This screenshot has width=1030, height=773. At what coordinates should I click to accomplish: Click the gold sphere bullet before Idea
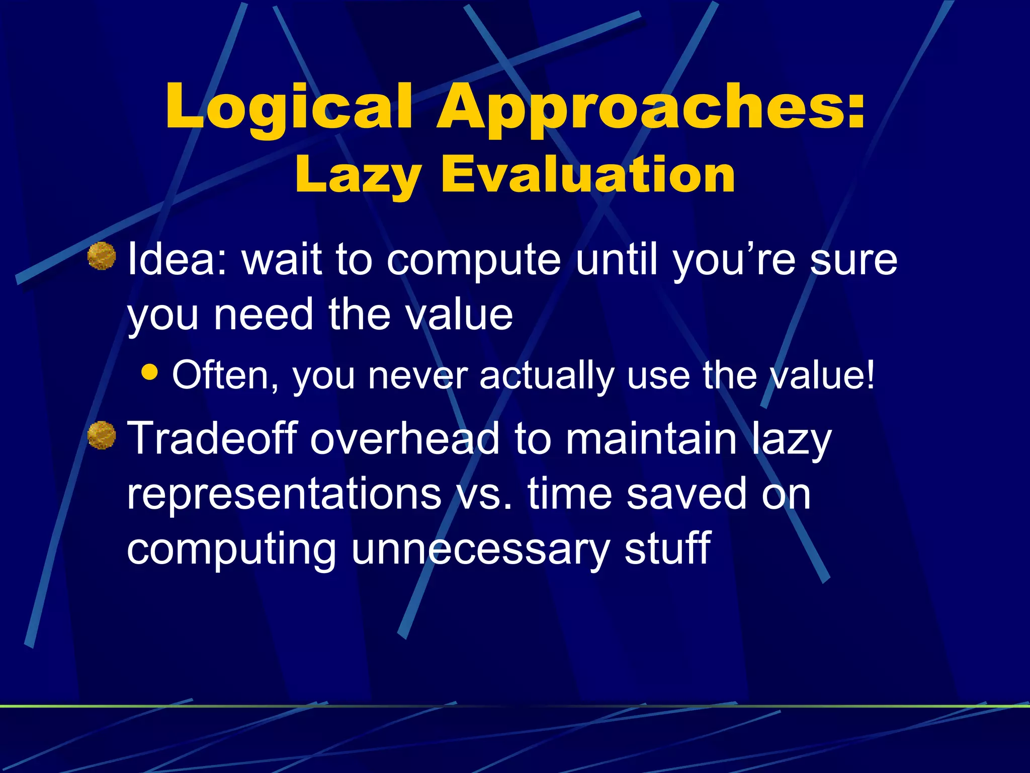coord(102,256)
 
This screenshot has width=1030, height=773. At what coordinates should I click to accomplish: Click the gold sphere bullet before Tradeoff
coord(102,435)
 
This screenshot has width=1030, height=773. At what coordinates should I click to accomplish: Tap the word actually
coord(546,376)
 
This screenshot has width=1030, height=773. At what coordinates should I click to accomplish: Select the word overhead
coord(404,438)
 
